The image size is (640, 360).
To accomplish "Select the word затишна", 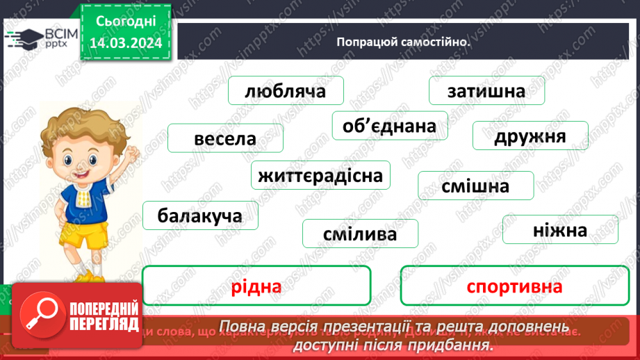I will [486, 91].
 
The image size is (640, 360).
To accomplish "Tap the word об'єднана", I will [389, 126].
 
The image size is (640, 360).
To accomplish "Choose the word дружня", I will [530, 136].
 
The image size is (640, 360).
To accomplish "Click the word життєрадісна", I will [320, 175].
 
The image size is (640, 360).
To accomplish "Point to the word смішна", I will [475, 186].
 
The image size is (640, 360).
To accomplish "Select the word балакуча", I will [200, 215].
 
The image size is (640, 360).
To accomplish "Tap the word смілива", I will [360, 234].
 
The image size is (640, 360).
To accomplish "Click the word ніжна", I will [550, 229].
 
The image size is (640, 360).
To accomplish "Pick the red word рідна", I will [256, 286].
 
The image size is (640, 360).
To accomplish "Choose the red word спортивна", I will [514, 286].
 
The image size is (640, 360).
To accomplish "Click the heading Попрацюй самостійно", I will [402, 41].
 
